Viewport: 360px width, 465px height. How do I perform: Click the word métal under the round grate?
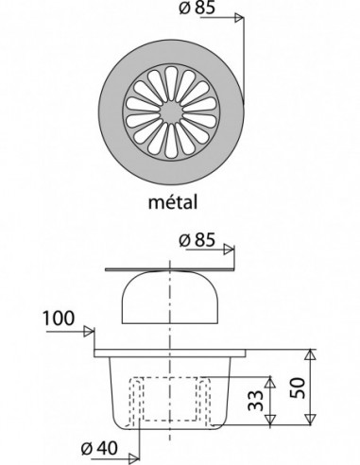(x=173, y=202)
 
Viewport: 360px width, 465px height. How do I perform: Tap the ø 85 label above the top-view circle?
(x=197, y=8)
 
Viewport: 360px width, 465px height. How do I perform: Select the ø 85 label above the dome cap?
(x=197, y=240)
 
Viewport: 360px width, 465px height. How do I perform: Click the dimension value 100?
(x=59, y=319)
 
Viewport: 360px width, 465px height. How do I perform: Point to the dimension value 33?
(x=255, y=400)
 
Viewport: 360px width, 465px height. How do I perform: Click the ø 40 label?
(x=99, y=448)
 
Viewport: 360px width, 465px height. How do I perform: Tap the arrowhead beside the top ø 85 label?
(x=239, y=18)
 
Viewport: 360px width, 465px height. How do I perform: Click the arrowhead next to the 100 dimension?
(x=89, y=332)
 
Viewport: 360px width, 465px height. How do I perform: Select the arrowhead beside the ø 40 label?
(x=134, y=457)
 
